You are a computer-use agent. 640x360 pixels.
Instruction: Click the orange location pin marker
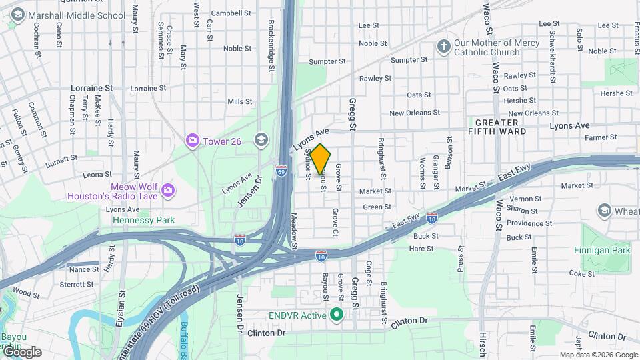pyautogui.click(x=321, y=159)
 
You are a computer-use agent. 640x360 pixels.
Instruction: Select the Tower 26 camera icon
pyautogui.click(x=193, y=140)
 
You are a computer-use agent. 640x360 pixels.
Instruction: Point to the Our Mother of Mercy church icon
pyautogui.click(x=443, y=47)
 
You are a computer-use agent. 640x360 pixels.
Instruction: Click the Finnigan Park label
pyautogui.click(x=601, y=250)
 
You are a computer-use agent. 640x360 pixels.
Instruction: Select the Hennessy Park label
pyautogui.click(x=143, y=220)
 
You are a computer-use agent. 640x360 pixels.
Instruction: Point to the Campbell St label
pyautogui.click(x=231, y=13)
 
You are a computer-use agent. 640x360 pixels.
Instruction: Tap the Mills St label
pyautogui.click(x=239, y=102)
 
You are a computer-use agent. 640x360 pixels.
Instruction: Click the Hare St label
pyautogui.click(x=421, y=249)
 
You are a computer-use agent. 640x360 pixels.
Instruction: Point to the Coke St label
pyautogui.click(x=581, y=273)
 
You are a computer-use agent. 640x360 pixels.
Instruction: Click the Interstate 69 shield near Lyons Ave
pyautogui.click(x=283, y=172)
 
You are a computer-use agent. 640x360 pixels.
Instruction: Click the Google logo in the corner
pyautogui.click(x=22, y=352)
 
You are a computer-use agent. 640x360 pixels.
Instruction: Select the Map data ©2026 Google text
pyautogui.click(x=598, y=355)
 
